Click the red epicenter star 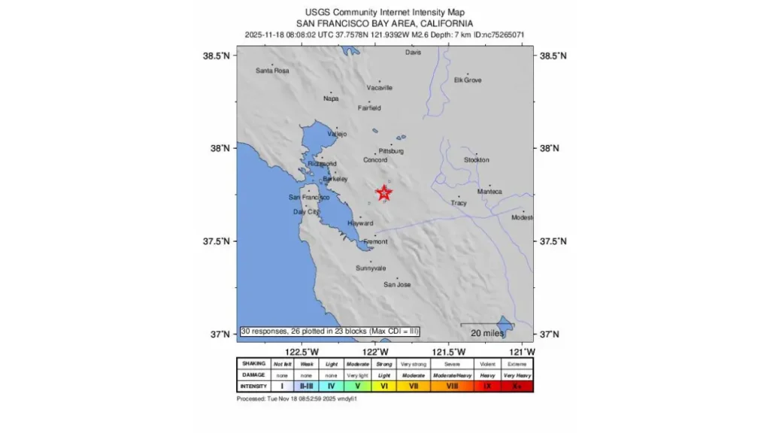(x=384, y=193)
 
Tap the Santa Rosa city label (x=272, y=71)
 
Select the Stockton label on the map (x=476, y=160)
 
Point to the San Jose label (x=397, y=284)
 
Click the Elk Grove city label (x=468, y=80)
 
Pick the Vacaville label (x=380, y=88)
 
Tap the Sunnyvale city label (x=371, y=268)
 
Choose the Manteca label (x=490, y=192)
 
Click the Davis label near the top (x=413, y=53)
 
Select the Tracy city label (x=459, y=203)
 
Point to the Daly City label (x=307, y=212)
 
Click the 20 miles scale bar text (x=487, y=332)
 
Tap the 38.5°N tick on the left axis (x=216, y=56)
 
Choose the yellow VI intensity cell (x=384, y=386)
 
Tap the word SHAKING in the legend (x=253, y=363)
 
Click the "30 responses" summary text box (x=329, y=332)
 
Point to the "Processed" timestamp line (x=296, y=398)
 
